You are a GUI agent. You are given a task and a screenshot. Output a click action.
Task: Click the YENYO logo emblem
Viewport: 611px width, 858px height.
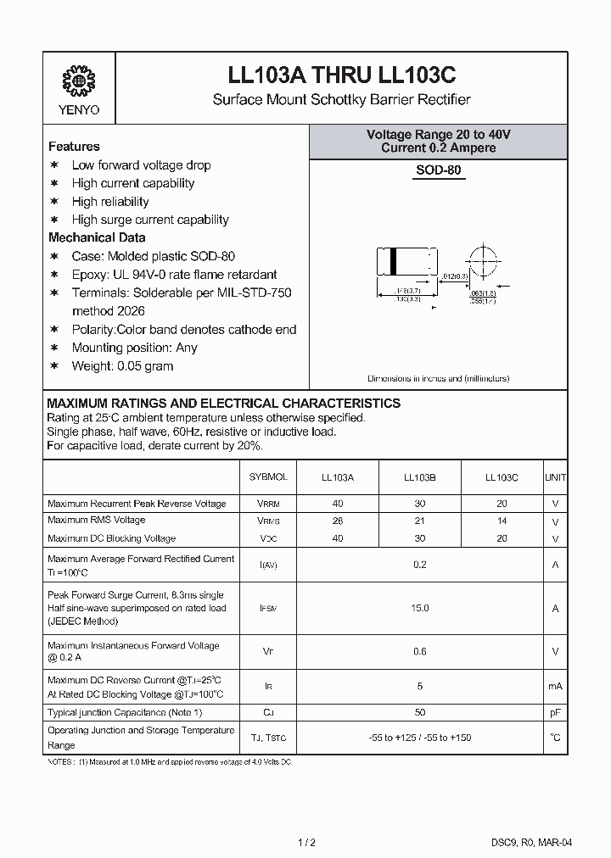[x=78, y=81]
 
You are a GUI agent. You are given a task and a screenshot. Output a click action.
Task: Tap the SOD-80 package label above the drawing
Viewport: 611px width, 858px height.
[x=439, y=170]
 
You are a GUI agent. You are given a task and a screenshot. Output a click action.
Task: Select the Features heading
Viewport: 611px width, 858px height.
[x=74, y=147]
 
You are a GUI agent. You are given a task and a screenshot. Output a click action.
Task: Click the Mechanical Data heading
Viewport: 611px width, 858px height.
[x=97, y=238]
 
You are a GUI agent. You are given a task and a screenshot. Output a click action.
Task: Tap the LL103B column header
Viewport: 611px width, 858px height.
[x=419, y=478]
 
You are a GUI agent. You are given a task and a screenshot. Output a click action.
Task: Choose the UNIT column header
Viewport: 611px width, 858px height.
[x=555, y=478]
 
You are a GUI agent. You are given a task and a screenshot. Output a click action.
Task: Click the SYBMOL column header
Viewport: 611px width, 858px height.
[x=268, y=478]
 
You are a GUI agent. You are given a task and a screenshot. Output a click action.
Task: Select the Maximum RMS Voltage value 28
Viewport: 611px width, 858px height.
[x=337, y=521]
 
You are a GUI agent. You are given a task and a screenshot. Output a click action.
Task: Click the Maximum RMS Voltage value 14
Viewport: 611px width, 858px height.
[x=502, y=521]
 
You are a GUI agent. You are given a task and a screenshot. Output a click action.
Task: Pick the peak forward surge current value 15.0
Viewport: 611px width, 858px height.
[x=419, y=608]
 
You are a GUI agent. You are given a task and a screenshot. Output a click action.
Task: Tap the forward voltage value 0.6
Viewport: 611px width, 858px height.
[x=419, y=652]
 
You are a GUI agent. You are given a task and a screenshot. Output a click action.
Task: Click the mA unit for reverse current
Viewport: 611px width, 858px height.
[x=555, y=686]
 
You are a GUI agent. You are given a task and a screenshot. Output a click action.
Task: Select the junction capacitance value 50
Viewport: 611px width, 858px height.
[x=419, y=713]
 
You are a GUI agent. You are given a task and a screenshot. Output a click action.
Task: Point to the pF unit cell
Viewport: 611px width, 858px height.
[x=555, y=713]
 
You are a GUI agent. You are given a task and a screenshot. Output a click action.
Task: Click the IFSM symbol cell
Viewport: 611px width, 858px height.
[x=268, y=609]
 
